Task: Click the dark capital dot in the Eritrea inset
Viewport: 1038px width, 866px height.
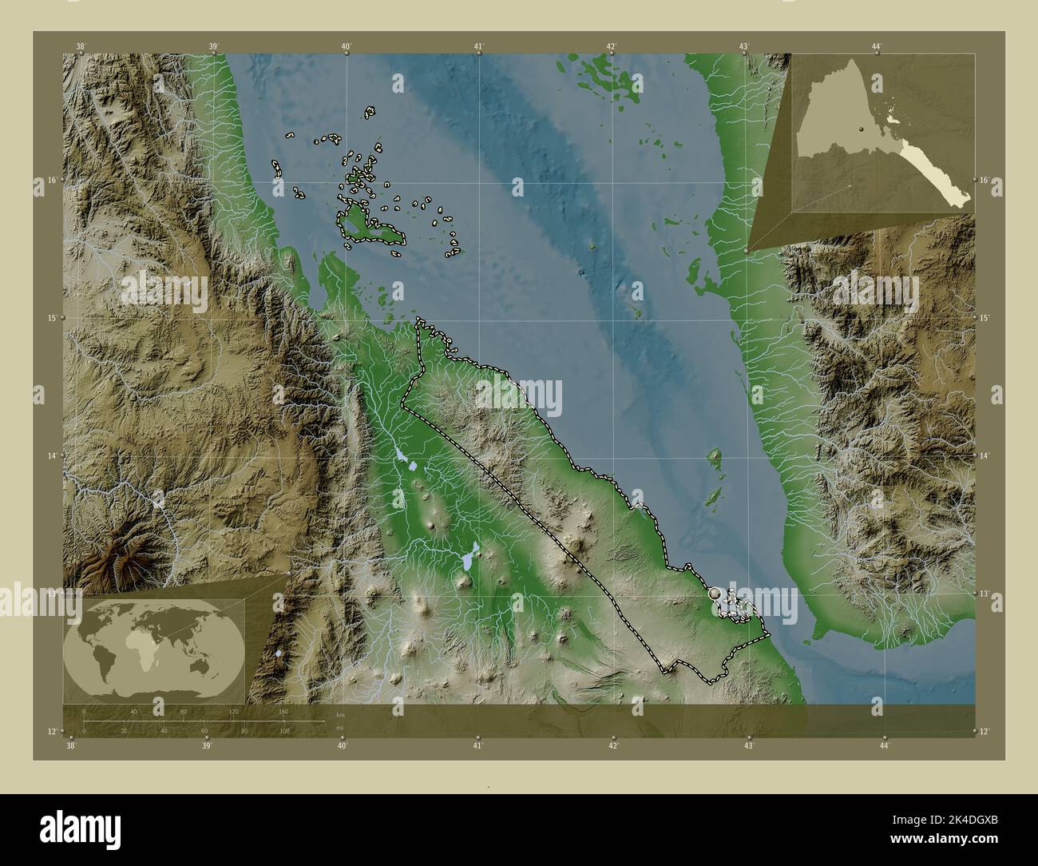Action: (863, 129)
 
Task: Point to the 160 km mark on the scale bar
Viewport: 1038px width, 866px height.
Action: (283, 711)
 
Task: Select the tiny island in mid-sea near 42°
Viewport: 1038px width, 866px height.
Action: (592, 247)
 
